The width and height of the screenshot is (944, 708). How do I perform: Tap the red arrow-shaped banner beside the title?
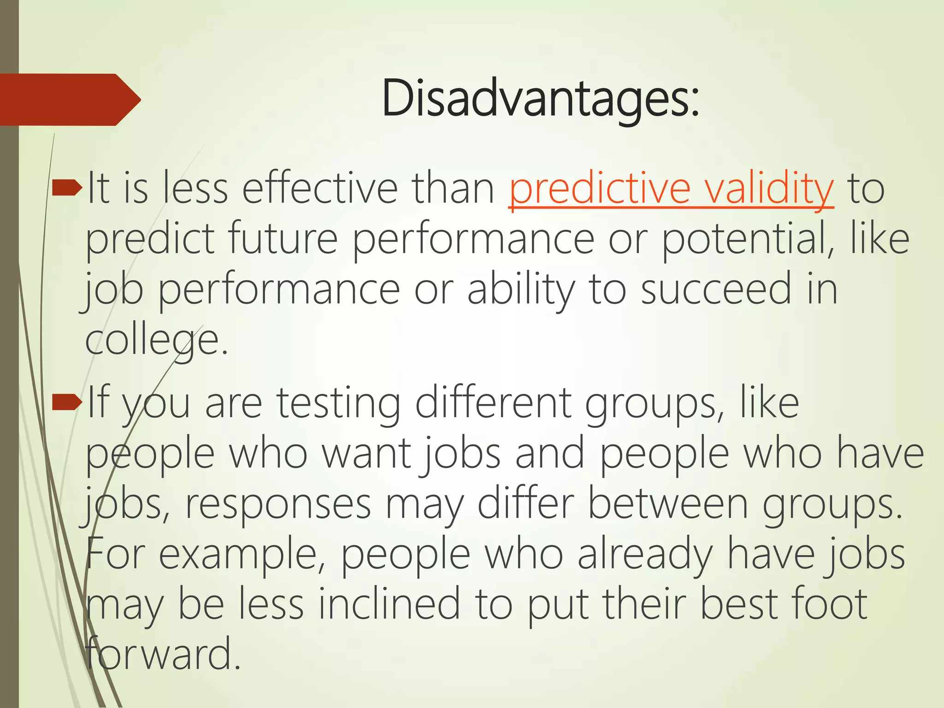(x=69, y=100)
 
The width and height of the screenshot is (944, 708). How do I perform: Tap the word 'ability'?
(x=521, y=289)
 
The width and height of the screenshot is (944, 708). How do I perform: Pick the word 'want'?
(x=366, y=454)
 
